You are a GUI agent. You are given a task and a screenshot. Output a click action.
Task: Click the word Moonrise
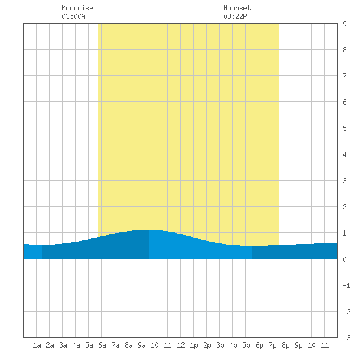click(77, 8)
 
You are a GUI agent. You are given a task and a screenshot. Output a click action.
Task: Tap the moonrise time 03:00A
click(73, 16)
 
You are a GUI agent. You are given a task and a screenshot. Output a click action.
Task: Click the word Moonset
click(237, 8)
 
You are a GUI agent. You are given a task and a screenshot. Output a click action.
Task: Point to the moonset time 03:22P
click(235, 16)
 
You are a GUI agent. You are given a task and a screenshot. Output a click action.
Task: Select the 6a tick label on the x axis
click(102, 345)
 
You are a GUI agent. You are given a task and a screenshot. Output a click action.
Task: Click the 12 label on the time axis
click(181, 345)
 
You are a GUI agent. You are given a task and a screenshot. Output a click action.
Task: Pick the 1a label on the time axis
click(37, 345)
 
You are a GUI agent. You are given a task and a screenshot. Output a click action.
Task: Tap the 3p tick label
click(220, 345)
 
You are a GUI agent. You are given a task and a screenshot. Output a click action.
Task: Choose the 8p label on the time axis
click(285, 345)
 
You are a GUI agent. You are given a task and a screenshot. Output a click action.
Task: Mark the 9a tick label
click(141, 345)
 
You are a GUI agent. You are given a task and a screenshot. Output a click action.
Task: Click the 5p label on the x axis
click(246, 345)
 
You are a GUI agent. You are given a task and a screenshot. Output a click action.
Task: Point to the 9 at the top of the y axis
click(344, 24)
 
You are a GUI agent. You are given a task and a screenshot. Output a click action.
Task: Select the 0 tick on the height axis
click(344, 259)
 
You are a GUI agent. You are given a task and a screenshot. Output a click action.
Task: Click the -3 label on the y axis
click(346, 338)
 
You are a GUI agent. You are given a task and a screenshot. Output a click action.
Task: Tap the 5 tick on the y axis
click(344, 128)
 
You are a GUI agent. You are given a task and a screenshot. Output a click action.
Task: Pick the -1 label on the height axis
click(346, 285)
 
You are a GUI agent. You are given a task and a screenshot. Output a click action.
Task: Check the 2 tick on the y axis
click(344, 207)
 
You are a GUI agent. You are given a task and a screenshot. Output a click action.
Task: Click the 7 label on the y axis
click(344, 76)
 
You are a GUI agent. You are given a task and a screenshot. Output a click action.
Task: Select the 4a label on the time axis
click(76, 345)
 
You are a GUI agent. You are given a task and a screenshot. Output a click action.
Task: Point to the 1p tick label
click(194, 345)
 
